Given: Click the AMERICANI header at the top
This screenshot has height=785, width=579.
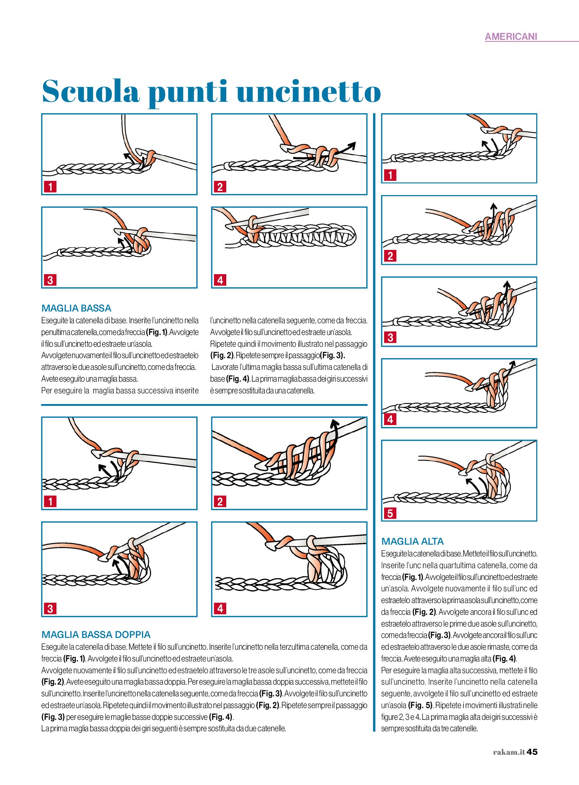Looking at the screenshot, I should (511, 37).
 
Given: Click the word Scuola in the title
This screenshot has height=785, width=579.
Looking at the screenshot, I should (91, 91).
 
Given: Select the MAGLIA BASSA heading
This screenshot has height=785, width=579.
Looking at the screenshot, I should (76, 308).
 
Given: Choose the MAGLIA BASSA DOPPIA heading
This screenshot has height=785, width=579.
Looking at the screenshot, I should (96, 634).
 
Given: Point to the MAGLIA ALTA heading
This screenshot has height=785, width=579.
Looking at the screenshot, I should (412, 541).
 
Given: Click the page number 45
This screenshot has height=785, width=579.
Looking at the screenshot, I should (532, 752).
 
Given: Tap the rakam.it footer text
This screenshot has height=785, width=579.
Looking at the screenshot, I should (509, 752).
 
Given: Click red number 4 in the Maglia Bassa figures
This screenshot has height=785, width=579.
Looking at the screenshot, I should (220, 280).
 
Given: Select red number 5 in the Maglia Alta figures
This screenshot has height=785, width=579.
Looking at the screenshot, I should (390, 513).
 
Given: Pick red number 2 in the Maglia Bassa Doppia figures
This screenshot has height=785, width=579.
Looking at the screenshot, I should (220, 502).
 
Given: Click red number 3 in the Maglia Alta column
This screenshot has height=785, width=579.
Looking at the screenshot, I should (390, 337).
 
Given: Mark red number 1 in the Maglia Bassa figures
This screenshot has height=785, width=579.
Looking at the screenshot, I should (50, 187).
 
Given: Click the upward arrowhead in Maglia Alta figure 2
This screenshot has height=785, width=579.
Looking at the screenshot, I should (493, 205).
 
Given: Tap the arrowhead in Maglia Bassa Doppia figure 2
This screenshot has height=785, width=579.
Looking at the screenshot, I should (334, 423).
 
